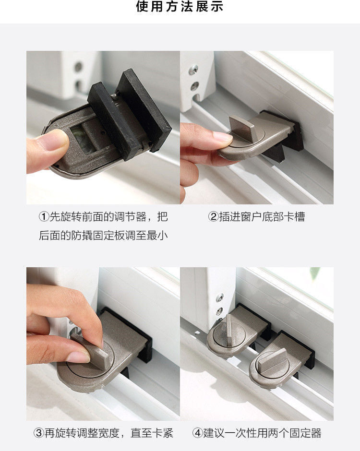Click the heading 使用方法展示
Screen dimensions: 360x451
(180, 6)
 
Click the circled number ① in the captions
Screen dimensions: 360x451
(44, 216)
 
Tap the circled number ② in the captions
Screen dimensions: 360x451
(214, 216)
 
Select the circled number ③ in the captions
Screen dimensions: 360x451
(39, 433)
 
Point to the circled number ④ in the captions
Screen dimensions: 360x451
(198, 433)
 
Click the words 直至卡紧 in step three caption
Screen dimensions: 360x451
(152, 433)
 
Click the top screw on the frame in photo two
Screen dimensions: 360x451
(193, 70)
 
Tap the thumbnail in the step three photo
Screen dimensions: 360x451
(78, 356)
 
